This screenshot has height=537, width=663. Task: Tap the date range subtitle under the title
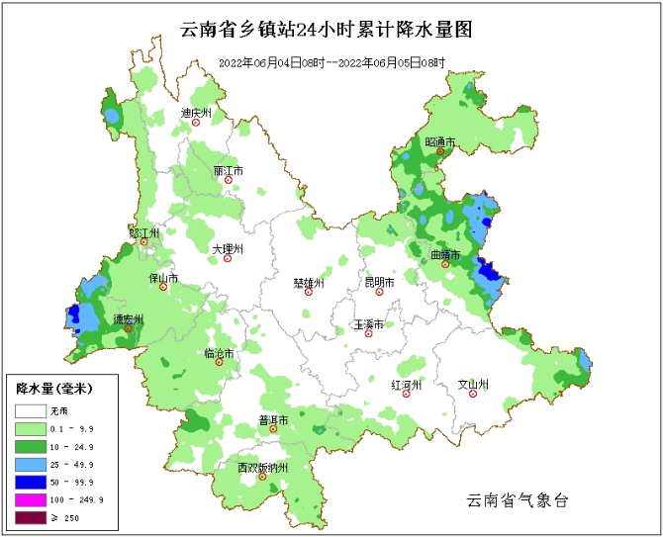331,62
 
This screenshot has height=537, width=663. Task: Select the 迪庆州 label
196,113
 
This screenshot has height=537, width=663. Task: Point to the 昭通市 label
440,142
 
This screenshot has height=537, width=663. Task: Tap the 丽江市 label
228,171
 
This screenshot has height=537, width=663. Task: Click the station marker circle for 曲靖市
445,265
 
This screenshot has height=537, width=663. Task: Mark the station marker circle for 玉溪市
369,334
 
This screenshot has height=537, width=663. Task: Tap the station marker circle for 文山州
473,395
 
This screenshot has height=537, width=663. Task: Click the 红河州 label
406,383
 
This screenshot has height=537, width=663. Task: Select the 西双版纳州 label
262,467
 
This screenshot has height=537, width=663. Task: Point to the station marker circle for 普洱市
273,429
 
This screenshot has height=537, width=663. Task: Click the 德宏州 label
128,319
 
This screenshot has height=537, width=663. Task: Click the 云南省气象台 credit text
518,501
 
